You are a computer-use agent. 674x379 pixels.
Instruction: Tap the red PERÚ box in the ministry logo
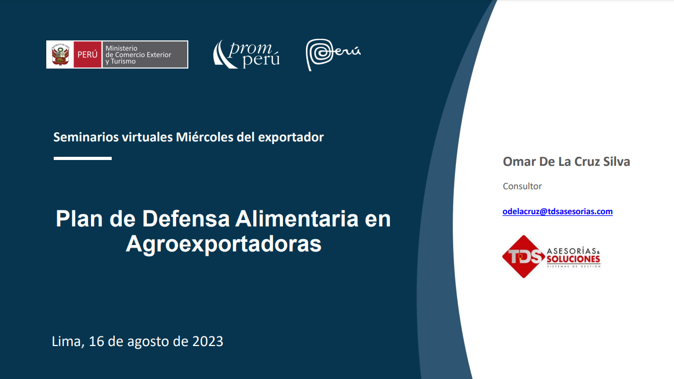point(87,54)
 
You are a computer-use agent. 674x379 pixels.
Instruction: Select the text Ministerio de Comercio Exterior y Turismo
point(138,54)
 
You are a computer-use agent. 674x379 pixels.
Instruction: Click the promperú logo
point(247,54)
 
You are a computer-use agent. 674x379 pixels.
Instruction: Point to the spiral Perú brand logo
point(332,54)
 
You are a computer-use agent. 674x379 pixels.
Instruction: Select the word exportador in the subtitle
point(290,137)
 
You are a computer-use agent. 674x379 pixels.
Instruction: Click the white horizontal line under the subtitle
point(82,158)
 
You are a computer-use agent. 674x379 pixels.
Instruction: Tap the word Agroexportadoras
point(223,244)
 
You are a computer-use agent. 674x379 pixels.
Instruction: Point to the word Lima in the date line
point(66,341)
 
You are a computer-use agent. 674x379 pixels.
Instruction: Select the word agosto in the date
point(149,341)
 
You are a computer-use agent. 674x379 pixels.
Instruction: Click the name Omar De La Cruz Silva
point(566,162)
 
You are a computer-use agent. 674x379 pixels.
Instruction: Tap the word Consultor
point(522,186)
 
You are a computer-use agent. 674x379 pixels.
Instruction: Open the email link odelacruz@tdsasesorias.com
point(557,212)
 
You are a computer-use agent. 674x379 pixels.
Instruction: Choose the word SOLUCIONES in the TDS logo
point(573,259)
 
